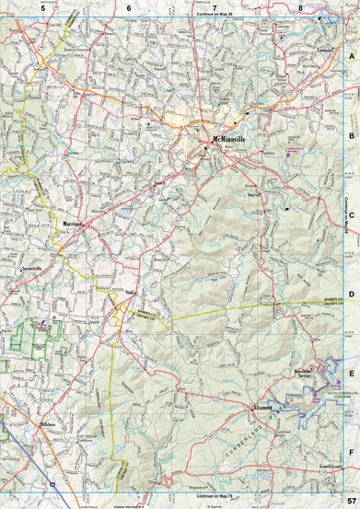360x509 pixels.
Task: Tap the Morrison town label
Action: pos(74,224)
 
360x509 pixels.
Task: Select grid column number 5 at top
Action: pos(42,7)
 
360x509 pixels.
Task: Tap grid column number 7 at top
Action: pos(214,7)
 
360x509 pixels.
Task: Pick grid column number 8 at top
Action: pos(300,7)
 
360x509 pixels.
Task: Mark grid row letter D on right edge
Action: pos(352,295)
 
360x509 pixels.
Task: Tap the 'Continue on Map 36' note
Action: pos(214,16)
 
